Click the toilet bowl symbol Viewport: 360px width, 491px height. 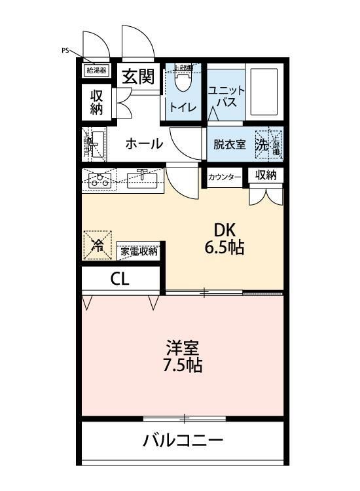pyautogui.click(x=183, y=82)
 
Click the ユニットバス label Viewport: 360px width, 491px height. pyautogui.click(x=226, y=96)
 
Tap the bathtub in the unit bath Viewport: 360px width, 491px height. pyautogui.click(x=264, y=92)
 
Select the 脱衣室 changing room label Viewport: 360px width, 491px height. pyautogui.click(x=229, y=145)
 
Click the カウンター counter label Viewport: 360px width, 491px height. pyautogui.click(x=225, y=177)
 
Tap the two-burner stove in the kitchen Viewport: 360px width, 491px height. pyautogui.click(x=101, y=180)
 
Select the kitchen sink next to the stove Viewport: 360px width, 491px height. pyautogui.click(x=143, y=179)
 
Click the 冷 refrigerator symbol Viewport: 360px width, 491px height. pyautogui.click(x=98, y=245)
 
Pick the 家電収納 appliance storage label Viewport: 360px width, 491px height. pyautogui.click(x=139, y=251)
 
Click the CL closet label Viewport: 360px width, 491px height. pyautogui.click(x=120, y=279)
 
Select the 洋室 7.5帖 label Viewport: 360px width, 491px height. pyautogui.click(x=182, y=355)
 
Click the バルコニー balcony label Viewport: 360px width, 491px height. pyautogui.click(x=183, y=441)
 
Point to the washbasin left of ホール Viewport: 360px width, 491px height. pyautogui.click(x=96, y=144)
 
